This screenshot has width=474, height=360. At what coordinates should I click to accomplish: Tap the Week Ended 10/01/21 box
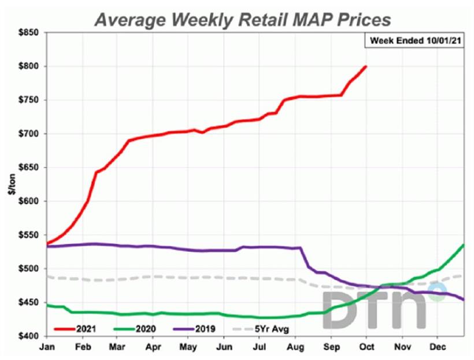click(416, 42)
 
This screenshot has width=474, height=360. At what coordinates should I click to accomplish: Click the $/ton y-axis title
click(11, 184)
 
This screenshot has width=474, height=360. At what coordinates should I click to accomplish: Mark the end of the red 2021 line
click(366, 66)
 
